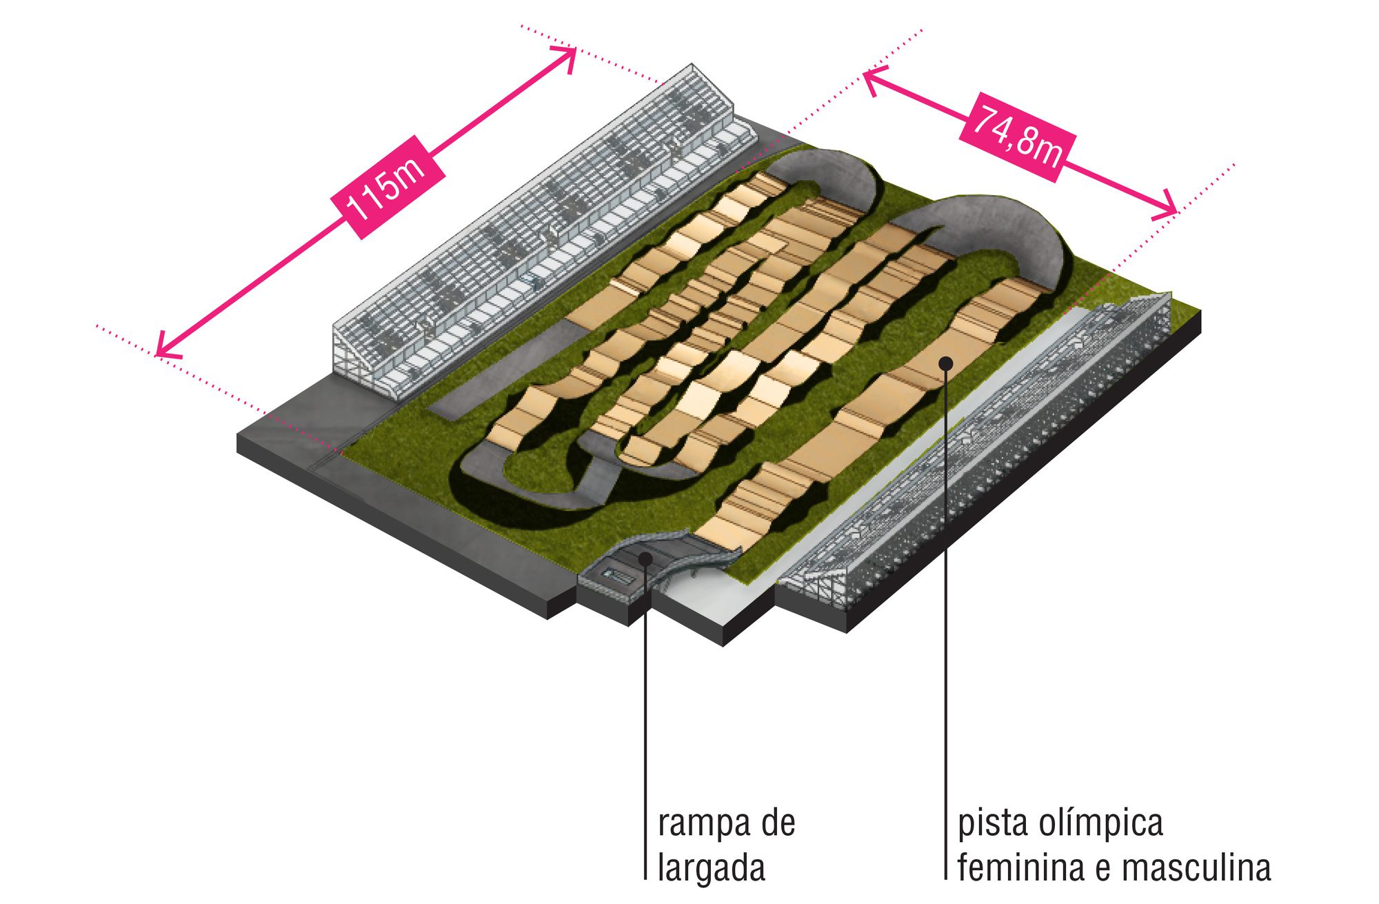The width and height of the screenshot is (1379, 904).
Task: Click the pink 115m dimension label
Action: point(387,187)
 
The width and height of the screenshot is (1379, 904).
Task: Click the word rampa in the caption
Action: point(701,823)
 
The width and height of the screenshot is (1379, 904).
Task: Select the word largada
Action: point(712,867)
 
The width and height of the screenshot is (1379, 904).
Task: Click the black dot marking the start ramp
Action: point(645,558)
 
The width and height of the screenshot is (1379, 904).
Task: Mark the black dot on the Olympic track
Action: point(946,363)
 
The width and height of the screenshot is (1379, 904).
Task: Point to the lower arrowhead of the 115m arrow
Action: point(164,348)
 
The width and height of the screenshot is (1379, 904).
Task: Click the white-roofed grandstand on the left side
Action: point(545,231)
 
